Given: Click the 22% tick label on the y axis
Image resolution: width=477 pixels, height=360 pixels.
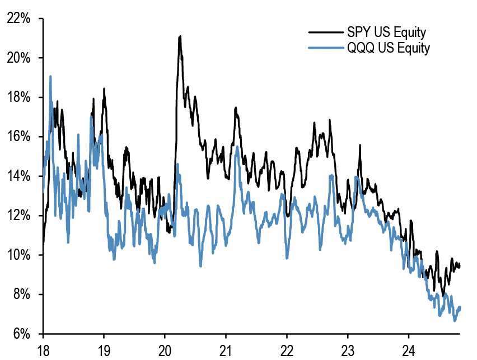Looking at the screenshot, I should click(18, 18).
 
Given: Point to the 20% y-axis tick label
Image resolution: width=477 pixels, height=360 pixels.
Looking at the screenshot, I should click(18, 58).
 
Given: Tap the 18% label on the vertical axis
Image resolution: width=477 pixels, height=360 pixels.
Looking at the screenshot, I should click(18, 97).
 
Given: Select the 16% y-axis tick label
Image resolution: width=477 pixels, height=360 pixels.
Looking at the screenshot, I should click(18, 137).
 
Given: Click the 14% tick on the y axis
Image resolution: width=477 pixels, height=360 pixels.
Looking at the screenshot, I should click(18, 176).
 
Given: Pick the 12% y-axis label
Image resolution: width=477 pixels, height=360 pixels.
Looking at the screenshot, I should click(18, 216).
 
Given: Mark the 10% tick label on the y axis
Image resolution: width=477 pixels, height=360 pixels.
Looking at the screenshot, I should click(18, 255).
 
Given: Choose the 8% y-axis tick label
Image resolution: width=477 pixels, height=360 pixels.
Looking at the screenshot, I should click(21, 294).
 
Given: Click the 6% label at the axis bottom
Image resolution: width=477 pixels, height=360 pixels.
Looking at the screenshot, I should click(21, 334).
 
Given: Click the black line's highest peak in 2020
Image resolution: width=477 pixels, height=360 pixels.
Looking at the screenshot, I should click(180, 36).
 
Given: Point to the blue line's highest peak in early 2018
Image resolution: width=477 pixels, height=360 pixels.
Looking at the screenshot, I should click(50, 77).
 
